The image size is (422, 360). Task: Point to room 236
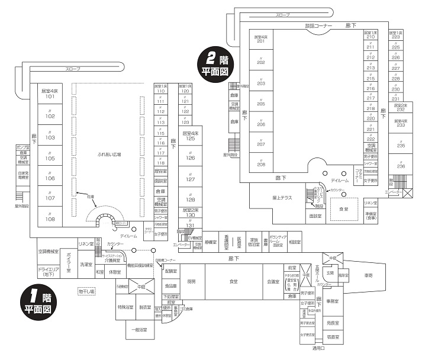click(x=401, y=166)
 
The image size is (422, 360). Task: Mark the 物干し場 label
click(x=86, y=291)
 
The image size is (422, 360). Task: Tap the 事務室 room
click(x=332, y=301)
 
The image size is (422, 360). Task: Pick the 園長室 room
click(x=332, y=323)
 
